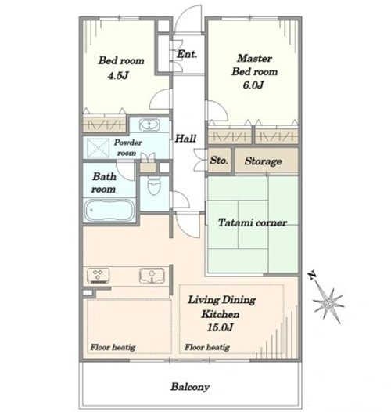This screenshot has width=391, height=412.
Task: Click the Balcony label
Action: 190,387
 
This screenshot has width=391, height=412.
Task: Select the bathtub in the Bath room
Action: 109,211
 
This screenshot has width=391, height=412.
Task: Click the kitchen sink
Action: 152,276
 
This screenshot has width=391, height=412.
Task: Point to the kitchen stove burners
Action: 98,276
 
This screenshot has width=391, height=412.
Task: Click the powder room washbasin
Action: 149,125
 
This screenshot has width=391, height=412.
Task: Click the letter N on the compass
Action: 312,276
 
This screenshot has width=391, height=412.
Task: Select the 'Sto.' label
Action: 219,161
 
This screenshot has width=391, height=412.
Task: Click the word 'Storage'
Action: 264,161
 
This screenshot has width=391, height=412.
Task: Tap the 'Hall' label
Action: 186,138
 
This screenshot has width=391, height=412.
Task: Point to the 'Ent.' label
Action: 187,54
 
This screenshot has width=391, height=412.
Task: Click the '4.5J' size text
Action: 118,76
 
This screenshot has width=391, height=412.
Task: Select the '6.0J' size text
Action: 253,85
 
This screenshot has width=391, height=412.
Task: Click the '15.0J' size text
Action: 221,327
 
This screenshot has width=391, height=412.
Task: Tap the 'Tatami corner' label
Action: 253,222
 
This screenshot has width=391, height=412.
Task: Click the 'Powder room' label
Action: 127,148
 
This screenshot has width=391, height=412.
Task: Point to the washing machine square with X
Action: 99,149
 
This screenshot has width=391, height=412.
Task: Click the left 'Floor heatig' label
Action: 113,347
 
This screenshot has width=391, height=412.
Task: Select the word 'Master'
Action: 255,58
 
